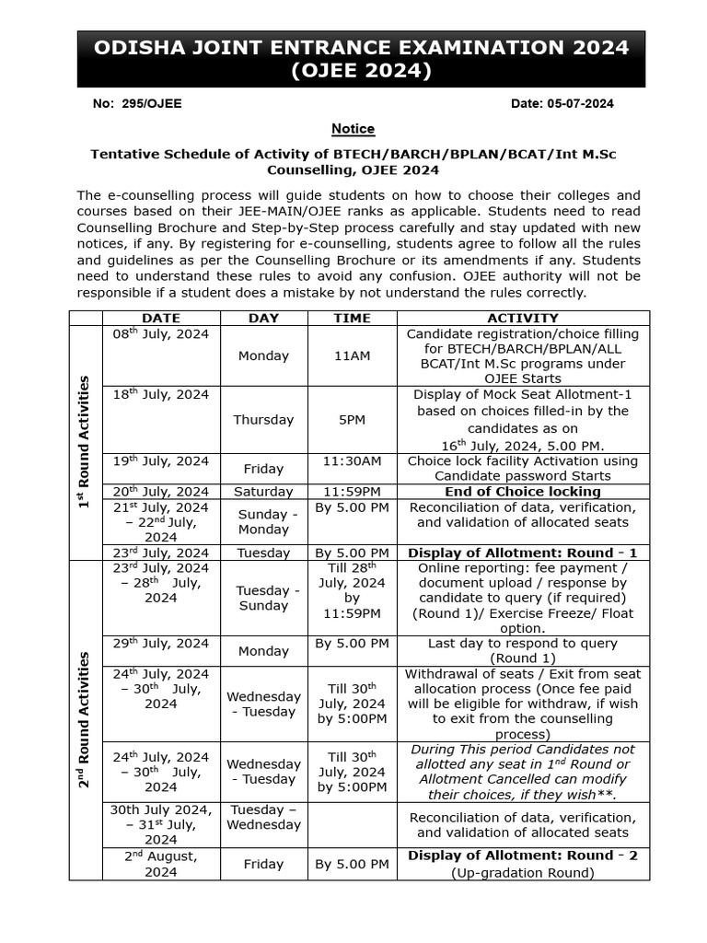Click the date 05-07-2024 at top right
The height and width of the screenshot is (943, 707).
562,104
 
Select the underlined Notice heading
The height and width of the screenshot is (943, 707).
353,129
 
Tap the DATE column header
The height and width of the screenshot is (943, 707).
161,318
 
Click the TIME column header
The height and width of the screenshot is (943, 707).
352,318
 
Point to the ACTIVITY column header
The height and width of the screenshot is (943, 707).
522,318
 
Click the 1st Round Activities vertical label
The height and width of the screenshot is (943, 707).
85,442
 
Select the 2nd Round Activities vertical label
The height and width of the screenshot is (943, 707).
85,719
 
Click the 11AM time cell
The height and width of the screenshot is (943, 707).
352,355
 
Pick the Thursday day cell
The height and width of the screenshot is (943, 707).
263,419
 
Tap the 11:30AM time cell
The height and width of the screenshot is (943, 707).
352,460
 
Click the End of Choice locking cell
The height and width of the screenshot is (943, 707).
522,492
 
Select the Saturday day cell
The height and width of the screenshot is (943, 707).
263,492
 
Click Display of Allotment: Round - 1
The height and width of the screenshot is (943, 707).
522,553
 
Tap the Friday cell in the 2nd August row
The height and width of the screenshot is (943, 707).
263,864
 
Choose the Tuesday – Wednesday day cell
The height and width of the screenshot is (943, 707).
263,817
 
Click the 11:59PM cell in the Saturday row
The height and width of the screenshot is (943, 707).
352,492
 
